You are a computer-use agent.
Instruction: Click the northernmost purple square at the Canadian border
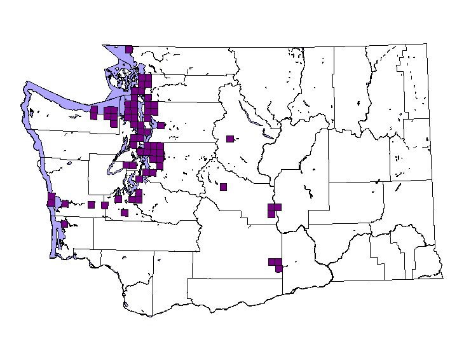click(x=129, y=49)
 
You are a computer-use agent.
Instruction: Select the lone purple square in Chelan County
click(x=230, y=139)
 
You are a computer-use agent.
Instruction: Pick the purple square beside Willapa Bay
click(x=64, y=224)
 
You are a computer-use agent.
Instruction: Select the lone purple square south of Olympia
click(x=125, y=213)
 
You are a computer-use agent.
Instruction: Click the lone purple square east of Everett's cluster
click(x=161, y=125)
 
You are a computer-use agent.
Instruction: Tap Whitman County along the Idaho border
click(x=407, y=204)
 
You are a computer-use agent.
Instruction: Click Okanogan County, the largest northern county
click(x=267, y=83)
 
